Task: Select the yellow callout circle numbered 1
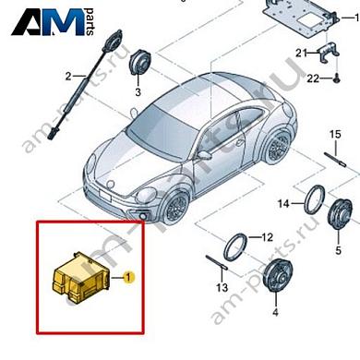coord(129,275)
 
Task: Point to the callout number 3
coord(138,93)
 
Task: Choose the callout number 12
coord(268,236)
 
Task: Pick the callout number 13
coord(222,289)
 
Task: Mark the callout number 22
coord(299,80)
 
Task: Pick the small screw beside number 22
coord(325,80)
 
